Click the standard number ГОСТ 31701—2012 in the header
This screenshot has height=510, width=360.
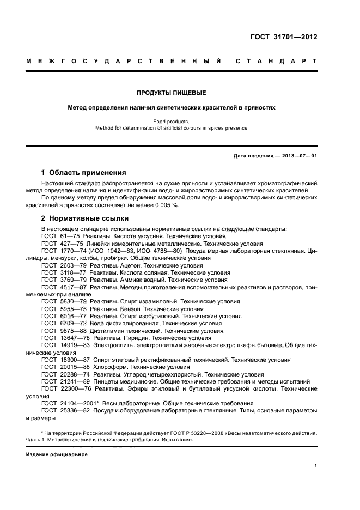click(283, 38)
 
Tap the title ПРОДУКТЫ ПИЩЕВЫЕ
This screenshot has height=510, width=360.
click(172, 93)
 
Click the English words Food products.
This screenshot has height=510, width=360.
click(172, 121)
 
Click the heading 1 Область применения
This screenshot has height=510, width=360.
click(84, 173)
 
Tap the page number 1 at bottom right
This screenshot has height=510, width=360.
click(316, 466)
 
